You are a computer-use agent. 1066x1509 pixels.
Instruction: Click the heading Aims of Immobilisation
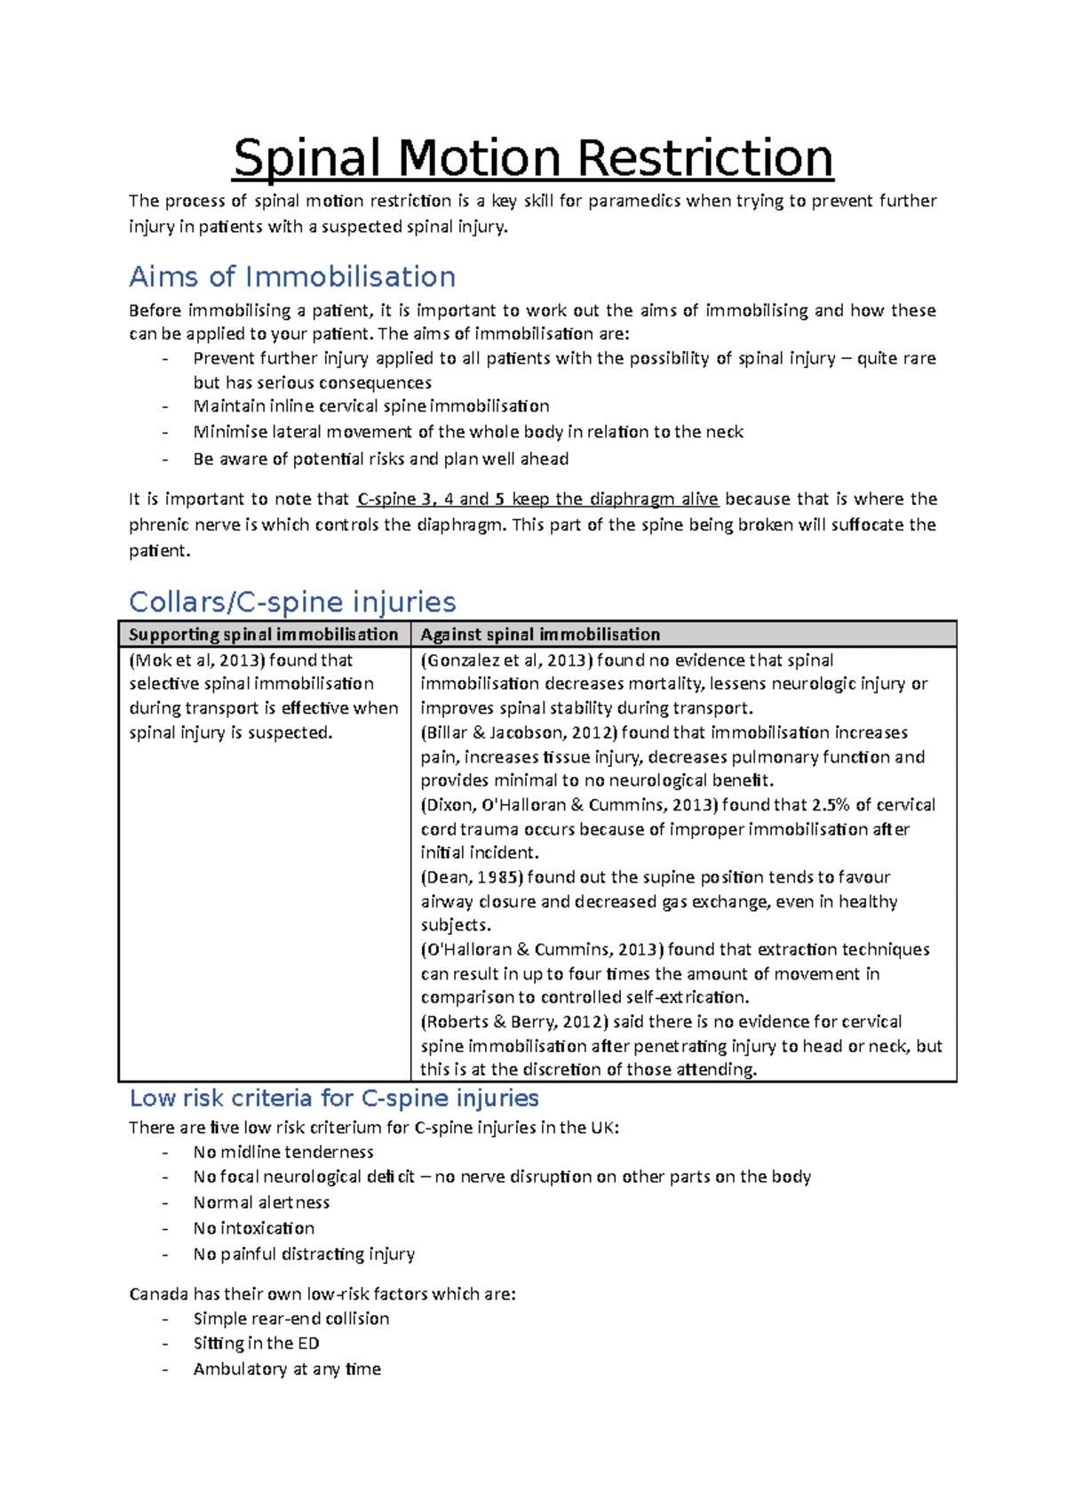tap(292, 276)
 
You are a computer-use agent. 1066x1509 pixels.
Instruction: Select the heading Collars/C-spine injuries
tap(292, 602)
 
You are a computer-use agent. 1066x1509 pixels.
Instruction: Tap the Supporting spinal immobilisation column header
tap(263, 635)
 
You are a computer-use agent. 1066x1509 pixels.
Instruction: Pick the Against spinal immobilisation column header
tap(540, 635)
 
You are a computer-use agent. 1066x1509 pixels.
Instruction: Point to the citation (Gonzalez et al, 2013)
tap(505, 660)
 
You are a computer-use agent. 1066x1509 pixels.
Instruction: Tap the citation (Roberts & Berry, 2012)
tap(515, 1022)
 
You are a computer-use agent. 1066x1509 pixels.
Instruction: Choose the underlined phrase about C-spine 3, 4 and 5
tap(537, 499)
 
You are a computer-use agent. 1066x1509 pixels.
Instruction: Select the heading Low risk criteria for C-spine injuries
tap(334, 1098)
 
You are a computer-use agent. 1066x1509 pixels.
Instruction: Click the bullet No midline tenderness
tap(283, 1153)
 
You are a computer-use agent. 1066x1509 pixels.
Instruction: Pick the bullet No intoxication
tap(254, 1228)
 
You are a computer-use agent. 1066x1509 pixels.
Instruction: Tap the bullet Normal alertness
tap(261, 1202)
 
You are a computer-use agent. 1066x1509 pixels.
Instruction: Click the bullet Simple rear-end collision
tap(291, 1319)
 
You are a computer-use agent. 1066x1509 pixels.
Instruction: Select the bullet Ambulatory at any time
tap(287, 1369)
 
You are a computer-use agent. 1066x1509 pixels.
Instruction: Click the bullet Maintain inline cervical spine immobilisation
tap(371, 406)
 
